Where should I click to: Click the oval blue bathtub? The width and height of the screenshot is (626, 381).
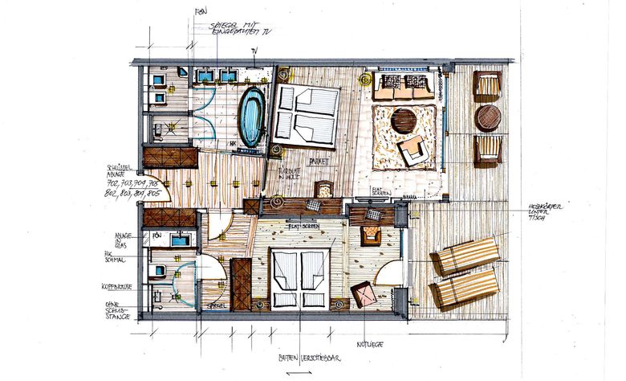[x=252, y=117]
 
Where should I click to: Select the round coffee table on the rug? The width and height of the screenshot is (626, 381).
[x=404, y=121]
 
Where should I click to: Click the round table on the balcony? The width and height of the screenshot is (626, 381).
[x=487, y=117]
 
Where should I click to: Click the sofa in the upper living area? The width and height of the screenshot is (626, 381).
[x=403, y=86]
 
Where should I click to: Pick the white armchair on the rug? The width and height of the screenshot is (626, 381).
[x=414, y=149]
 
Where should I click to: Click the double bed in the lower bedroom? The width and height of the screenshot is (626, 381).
[x=299, y=277]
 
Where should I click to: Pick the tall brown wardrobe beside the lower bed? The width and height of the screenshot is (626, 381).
[x=240, y=284]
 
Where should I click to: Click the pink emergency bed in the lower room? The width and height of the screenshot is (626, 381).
[x=363, y=294]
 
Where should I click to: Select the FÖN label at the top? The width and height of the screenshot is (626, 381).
[x=201, y=11]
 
